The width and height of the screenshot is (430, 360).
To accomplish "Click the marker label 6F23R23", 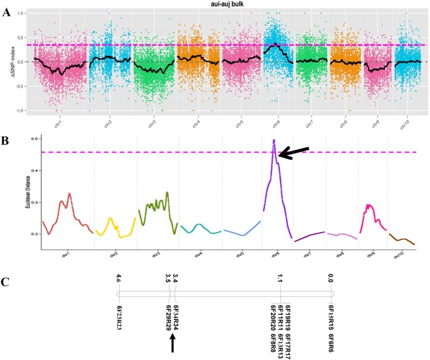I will coord(119,316).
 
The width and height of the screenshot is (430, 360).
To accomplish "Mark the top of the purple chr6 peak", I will coord(274,140).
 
